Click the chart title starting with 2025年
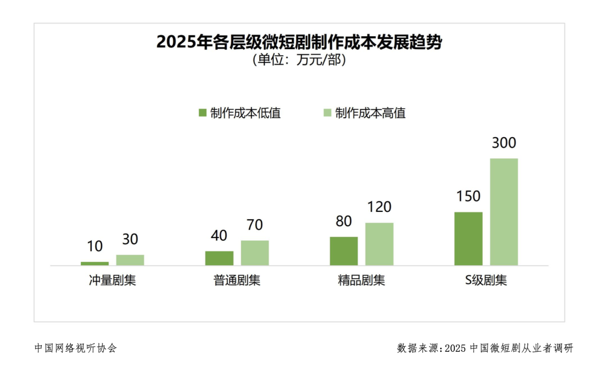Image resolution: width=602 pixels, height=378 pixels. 299,42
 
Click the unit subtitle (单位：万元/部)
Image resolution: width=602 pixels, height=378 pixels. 299,60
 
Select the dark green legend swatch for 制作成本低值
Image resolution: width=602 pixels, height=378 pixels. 202,113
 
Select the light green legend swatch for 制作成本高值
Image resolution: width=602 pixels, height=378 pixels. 328,113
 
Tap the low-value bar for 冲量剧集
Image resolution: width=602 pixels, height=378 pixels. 95,263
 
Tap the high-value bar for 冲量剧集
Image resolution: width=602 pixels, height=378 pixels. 130,260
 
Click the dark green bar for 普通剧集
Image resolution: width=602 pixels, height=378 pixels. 219,258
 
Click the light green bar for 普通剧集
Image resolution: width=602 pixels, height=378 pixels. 255,253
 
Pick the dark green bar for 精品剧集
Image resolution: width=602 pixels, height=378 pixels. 344,251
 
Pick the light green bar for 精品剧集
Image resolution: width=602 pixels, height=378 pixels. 379,244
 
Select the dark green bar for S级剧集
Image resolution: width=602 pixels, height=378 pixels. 468,239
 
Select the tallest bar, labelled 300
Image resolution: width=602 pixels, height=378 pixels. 504,212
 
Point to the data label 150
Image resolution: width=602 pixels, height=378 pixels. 468,197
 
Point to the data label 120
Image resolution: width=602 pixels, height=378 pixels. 379,207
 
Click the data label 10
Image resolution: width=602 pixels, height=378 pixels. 95,246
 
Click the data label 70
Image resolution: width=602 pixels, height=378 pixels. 255,225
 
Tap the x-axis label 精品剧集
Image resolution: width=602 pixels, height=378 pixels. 361,280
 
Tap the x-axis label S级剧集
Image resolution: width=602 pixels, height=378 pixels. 486,280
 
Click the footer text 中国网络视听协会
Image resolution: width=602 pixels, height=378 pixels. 76,348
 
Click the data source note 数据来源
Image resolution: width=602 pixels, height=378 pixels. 485,348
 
